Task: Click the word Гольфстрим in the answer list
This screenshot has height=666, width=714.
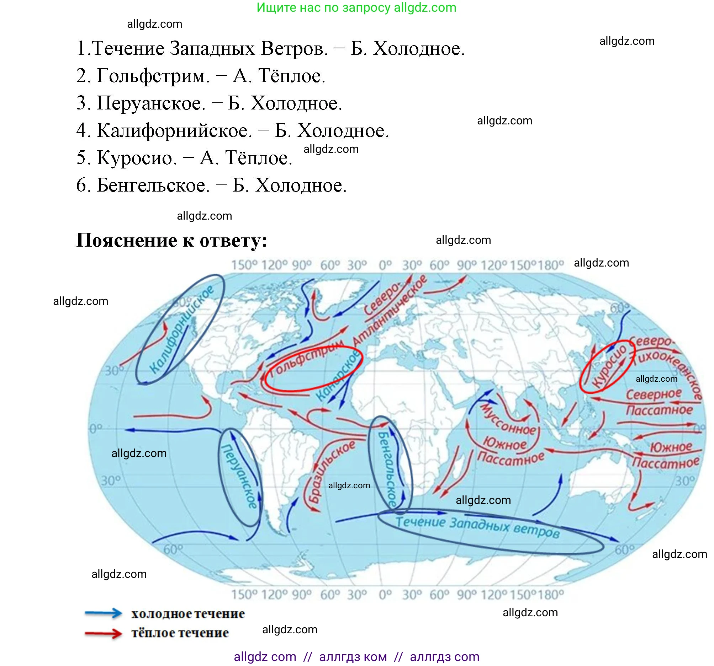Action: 153,76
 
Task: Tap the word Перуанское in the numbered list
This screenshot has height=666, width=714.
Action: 150,103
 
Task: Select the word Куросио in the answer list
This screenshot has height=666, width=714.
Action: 136,158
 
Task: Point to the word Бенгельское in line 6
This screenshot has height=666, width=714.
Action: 153,186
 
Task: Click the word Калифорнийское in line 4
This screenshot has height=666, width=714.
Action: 174,131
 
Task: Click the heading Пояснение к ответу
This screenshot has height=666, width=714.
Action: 172,240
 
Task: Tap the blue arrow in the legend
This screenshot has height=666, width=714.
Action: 104,613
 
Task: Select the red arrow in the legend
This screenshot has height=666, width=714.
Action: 104,633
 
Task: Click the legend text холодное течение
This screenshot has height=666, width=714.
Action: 188,614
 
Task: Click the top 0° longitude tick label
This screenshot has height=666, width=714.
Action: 385,265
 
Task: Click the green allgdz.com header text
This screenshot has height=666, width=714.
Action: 356,7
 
